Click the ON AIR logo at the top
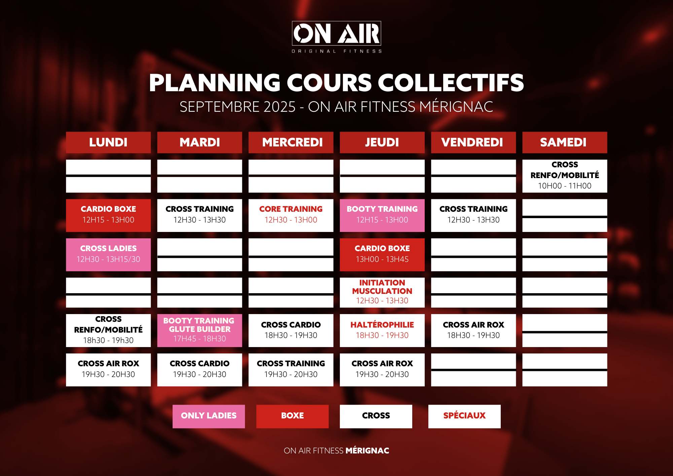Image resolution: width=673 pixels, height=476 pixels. [x=336, y=37]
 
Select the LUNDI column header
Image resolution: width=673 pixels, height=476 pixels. [x=108, y=142]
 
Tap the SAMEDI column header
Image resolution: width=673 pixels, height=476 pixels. [x=565, y=142]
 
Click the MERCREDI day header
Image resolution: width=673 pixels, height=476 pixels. [x=291, y=142]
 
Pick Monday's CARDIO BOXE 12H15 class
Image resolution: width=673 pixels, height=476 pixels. [x=108, y=215]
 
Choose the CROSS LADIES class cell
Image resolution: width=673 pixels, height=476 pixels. [x=108, y=255]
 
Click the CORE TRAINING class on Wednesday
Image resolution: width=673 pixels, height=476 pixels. [x=291, y=215]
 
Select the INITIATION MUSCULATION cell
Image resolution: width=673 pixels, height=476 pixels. [x=382, y=293]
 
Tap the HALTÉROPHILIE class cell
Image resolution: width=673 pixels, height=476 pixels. [x=382, y=331]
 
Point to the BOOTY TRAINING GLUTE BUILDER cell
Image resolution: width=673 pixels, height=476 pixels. [x=200, y=331]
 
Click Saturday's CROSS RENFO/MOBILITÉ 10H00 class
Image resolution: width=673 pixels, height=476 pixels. [x=565, y=176]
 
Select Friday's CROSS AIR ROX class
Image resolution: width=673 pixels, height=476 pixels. [x=473, y=331]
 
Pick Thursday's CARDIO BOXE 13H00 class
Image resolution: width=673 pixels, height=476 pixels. [x=382, y=255]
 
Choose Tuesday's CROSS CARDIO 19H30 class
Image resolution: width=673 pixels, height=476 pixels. [x=200, y=370]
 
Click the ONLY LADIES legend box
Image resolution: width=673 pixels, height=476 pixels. [x=209, y=416]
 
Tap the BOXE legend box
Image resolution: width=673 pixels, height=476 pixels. [x=292, y=416]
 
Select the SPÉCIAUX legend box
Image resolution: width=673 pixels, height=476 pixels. [x=464, y=416]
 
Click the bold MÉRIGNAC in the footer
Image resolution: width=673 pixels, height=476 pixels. [x=367, y=450]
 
